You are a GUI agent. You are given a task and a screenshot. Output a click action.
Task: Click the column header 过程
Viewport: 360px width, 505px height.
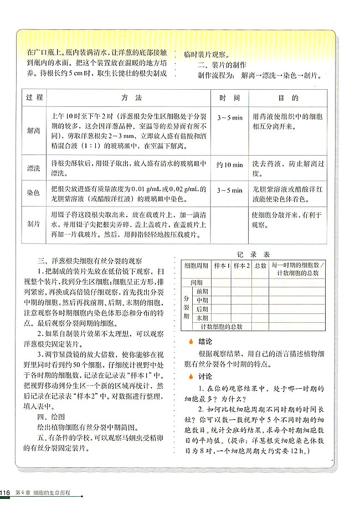click(x=34, y=97)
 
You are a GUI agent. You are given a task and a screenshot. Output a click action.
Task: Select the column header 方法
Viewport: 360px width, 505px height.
click(x=132, y=97)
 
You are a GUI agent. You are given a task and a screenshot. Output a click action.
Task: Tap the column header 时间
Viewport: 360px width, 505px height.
click(x=229, y=97)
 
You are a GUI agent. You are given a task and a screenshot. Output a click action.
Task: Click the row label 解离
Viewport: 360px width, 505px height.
click(x=34, y=131)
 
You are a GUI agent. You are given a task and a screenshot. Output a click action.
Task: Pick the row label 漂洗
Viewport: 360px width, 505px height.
click(x=34, y=168)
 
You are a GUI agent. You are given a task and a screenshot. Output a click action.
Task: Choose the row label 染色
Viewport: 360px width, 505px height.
click(x=34, y=192)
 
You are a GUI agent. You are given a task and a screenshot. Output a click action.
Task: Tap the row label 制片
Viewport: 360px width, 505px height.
click(x=34, y=223)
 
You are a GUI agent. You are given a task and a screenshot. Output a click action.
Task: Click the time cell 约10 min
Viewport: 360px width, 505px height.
click(x=229, y=164)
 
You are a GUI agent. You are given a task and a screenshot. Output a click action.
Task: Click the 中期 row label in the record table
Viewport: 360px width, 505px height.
click(x=202, y=300)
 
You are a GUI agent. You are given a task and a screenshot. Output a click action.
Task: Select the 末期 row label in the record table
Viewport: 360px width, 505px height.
click(x=202, y=318)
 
